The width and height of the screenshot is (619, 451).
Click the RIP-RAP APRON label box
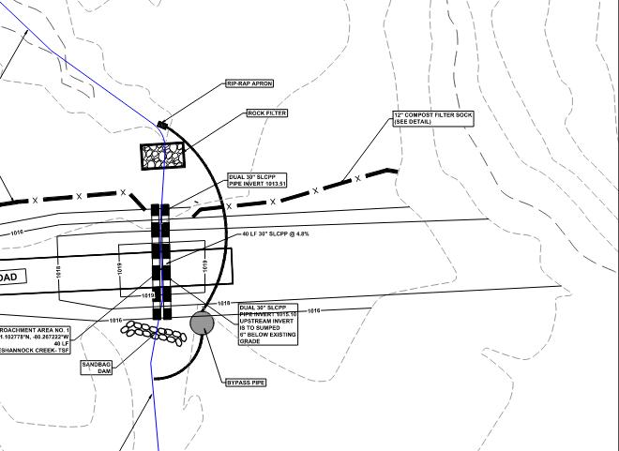[x=249, y=84]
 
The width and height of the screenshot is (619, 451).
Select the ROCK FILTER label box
[x=266, y=113]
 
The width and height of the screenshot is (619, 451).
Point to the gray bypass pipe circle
[x=202, y=323]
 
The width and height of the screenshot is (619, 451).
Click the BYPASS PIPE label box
[x=246, y=383]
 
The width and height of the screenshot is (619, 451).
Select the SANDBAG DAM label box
[x=97, y=367]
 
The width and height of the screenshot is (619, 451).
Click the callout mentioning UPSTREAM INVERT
[x=268, y=323]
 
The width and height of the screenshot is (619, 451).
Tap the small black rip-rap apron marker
[x=163, y=124]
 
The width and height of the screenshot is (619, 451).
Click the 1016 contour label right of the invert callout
[x=314, y=310]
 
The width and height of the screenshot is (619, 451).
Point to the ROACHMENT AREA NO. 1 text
[x=35, y=330]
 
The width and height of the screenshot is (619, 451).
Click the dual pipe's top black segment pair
[x=161, y=211]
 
